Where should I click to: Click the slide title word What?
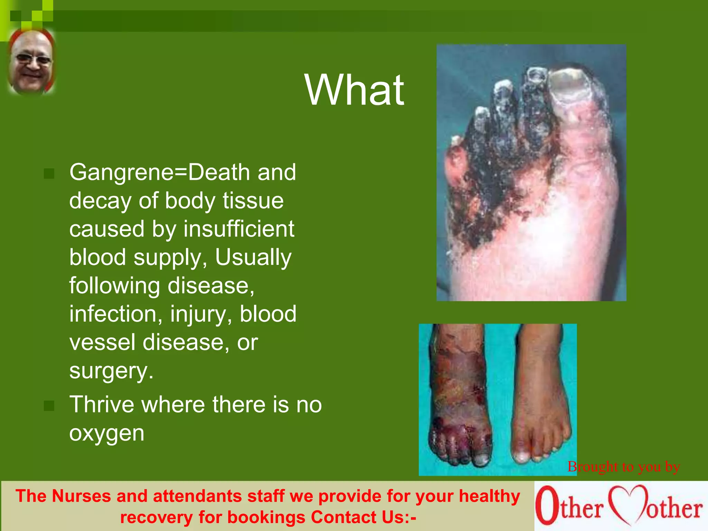point(354,90)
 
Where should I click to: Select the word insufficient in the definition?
point(239,229)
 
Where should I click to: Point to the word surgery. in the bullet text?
point(111,371)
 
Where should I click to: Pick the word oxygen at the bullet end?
point(106,433)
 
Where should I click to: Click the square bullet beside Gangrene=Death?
point(49,174)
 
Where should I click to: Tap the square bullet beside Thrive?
point(49,406)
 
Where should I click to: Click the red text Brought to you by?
point(624,467)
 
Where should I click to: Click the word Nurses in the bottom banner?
point(82,496)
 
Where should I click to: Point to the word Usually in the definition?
point(253,258)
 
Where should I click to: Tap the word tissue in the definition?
point(253,201)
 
